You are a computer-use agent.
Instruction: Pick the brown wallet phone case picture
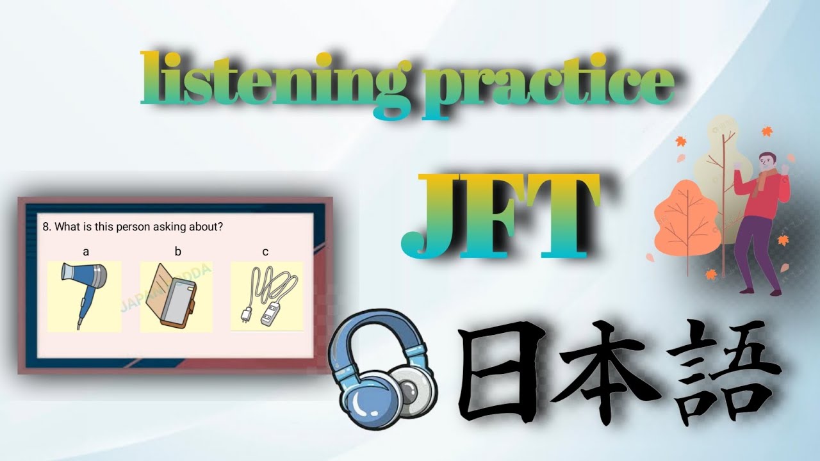[x=176, y=296]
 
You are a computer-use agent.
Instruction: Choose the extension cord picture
[x=266, y=296]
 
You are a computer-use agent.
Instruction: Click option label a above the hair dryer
[x=86, y=252]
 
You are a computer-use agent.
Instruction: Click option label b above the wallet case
[x=178, y=252]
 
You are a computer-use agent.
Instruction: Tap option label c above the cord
[x=265, y=252]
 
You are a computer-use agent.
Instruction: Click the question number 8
[x=46, y=227]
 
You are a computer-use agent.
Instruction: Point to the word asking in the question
[x=172, y=227]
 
